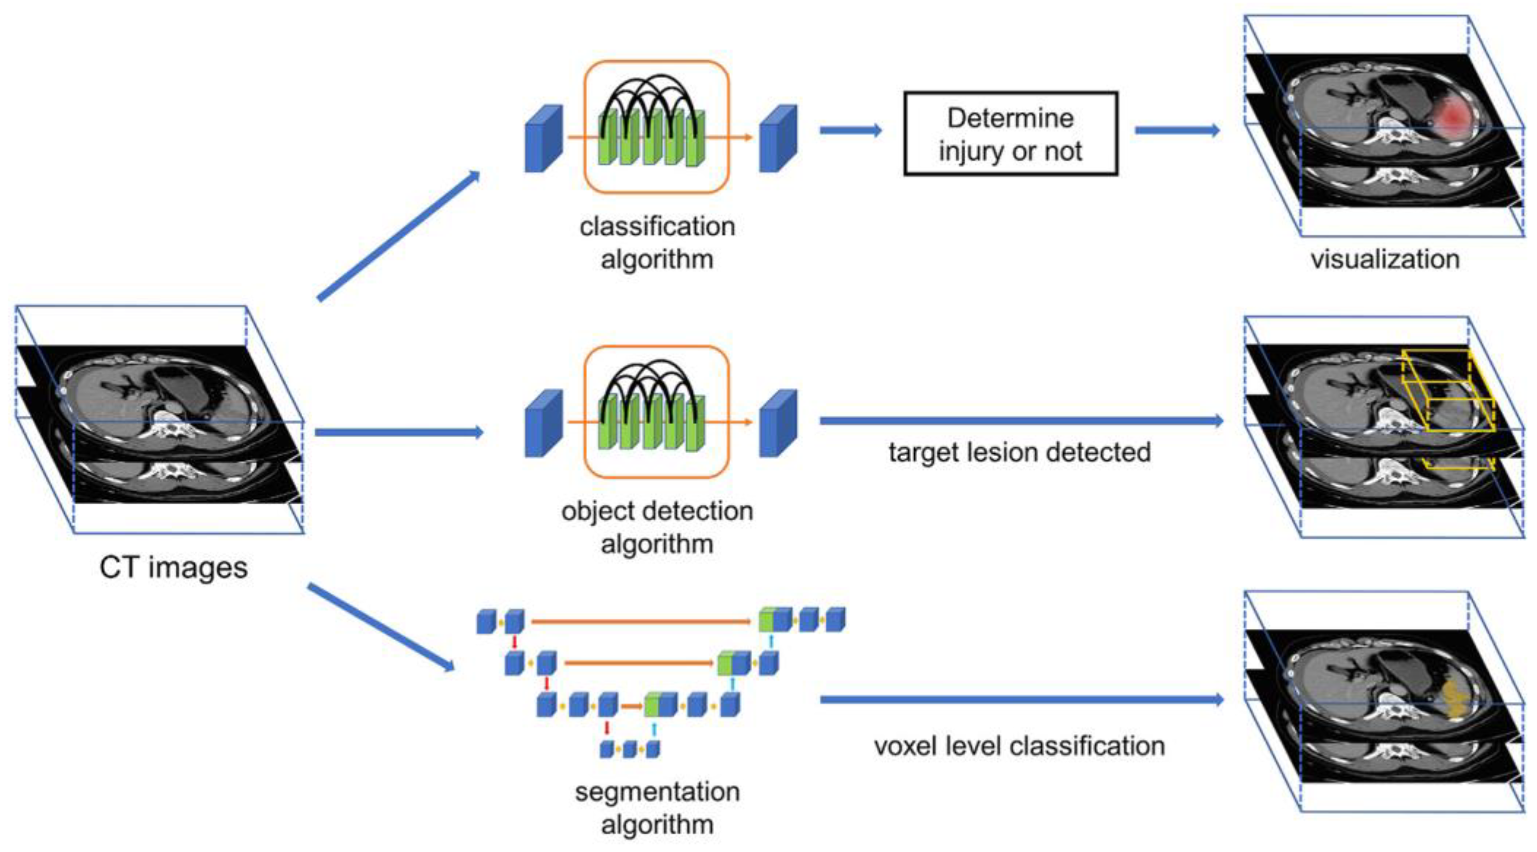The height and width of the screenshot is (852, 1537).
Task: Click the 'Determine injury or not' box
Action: [x=1010, y=134]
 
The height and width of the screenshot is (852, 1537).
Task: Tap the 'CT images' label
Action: [x=173, y=567]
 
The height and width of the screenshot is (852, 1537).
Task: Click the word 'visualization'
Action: [x=1385, y=259]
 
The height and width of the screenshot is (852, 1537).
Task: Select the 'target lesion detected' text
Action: [x=1019, y=452]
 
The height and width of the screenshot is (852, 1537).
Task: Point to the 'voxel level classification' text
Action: [x=1019, y=746]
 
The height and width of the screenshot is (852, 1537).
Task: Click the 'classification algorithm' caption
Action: [x=657, y=243]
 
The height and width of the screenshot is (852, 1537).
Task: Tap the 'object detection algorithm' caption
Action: [x=657, y=527]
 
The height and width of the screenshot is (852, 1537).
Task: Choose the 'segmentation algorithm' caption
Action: [x=657, y=808]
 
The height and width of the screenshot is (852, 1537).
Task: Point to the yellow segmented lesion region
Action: [x=1454, y=701]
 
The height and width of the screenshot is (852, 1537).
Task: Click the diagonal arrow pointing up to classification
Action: [x=398, y=235]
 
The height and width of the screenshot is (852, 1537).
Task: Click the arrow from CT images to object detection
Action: [x=398, y=432]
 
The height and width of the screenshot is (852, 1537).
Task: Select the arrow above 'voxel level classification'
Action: [x=1021, y=699]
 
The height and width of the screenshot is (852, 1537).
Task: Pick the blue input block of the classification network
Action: [x=543, y=139]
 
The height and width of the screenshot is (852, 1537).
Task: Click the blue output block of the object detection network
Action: [x=778, y=423]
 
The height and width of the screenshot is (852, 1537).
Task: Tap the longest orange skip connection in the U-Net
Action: [x=640, y=621]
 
